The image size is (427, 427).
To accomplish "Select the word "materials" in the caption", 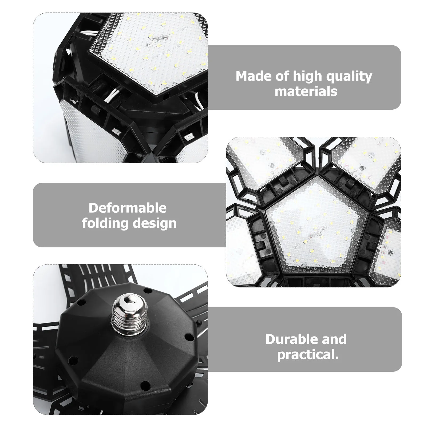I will (306, 91).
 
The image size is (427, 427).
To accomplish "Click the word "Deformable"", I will (128, 208).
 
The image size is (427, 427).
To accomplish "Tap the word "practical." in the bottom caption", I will (308, 355).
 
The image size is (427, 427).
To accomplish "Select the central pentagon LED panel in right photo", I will (315, 224).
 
